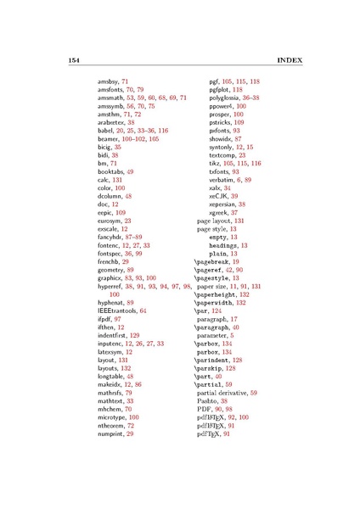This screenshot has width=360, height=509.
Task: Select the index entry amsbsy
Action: pos(109,80)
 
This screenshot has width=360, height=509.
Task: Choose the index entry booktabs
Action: pos(111,171)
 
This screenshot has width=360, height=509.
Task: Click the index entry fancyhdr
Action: pos(111,232)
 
